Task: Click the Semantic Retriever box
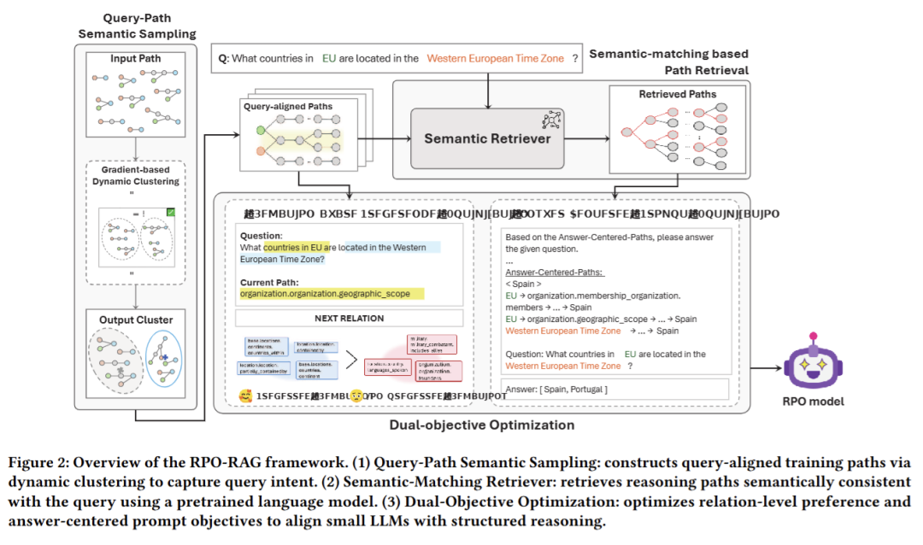488,138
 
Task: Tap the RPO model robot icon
808,366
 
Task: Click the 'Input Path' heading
137,58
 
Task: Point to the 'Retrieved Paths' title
678,94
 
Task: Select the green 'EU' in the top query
329,58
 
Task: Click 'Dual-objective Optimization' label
482,425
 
